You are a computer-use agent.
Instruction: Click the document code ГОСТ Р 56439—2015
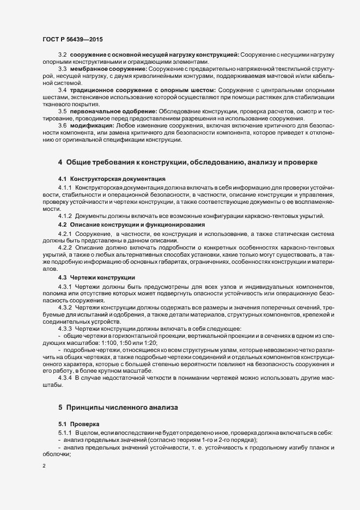(x=72, y=39)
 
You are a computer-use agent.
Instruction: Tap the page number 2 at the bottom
(x=44, y=466)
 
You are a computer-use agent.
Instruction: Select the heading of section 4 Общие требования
(x=185, y=162)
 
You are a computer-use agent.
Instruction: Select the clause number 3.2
(x=62, y=56)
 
